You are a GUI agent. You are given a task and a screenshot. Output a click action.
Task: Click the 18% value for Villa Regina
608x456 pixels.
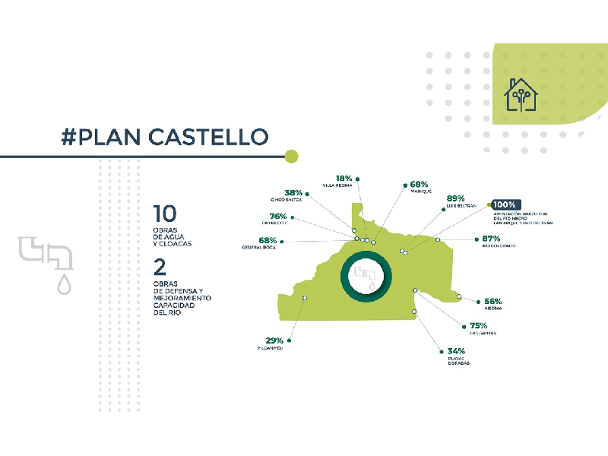coord(344,178)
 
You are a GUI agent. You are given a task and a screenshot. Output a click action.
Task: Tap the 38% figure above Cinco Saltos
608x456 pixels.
coord(293,193)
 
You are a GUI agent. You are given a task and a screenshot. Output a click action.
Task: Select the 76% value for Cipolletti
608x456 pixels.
coord(278,216)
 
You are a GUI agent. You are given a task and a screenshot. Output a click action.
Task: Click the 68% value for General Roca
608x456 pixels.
coord(268,240)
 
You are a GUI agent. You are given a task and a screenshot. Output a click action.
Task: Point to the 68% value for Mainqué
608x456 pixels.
coord(419,184)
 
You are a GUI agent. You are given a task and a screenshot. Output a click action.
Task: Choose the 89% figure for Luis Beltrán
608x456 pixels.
coord(456,198)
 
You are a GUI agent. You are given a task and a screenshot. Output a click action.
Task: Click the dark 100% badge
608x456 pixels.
coord(505,204)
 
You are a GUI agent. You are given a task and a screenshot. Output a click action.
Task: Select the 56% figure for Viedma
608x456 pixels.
coord(493,301)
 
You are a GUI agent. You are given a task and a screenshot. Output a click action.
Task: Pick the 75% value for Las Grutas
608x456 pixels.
coord(478,325)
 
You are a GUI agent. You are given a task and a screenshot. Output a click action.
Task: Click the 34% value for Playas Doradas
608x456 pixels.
coord(456,351)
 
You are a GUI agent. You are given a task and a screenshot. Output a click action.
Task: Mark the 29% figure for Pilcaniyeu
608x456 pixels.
coord(274,340)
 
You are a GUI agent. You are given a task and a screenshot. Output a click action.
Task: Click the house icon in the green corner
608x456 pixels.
coord(521,95)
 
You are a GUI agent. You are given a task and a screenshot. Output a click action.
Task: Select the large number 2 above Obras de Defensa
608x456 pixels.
coord(160,268)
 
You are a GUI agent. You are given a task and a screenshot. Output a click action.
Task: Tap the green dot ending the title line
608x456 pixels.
coord(291,157)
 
